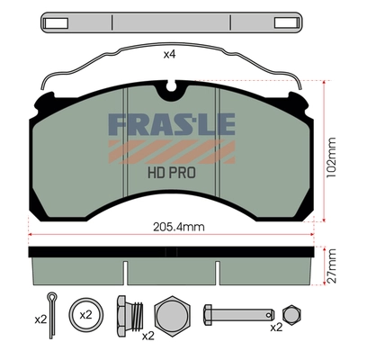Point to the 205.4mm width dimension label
[x=173, y=228]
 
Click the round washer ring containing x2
[x=86, y=316]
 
